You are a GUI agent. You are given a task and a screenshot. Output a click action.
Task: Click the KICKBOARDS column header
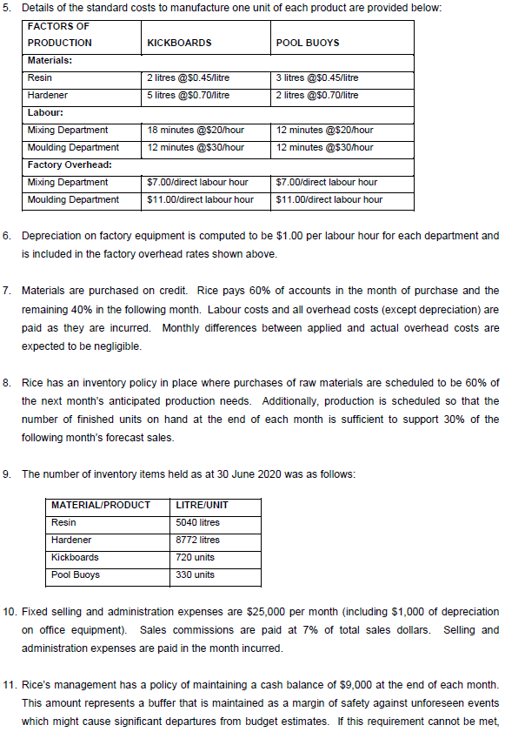point(179,43)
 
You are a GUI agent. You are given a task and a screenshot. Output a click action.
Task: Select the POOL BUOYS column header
point(307,43)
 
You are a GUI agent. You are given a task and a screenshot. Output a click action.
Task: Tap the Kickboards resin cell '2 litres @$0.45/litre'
point(189,78)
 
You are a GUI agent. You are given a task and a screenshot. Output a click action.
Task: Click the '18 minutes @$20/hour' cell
point(196,131)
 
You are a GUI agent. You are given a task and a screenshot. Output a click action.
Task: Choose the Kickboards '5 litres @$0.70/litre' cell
point(189,95)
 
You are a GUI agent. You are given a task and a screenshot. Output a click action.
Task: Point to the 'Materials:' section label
point(50,61)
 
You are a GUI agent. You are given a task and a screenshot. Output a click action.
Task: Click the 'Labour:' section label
point(45,112)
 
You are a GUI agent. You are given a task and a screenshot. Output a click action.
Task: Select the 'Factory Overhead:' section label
point(68,165)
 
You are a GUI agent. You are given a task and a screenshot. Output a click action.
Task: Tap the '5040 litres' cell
point(197,523)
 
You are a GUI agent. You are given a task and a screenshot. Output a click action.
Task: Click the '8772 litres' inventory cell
point(197,541)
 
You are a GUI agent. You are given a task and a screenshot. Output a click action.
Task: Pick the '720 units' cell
point(194,557)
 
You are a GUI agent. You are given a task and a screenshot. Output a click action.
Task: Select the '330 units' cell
point(194,574)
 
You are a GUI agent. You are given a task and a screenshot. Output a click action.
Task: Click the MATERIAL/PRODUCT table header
point(101,506)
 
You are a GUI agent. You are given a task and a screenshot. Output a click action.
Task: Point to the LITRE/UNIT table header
point(202,506)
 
